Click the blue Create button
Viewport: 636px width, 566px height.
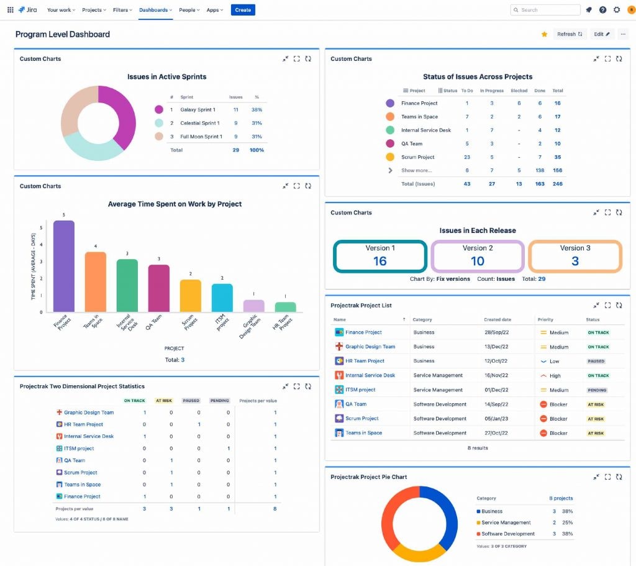(x=243, y=10)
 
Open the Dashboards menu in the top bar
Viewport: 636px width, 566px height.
(x=155, y=10)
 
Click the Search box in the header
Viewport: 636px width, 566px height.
(x=545, y=10)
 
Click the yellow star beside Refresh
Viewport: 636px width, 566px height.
(x=544, y=34)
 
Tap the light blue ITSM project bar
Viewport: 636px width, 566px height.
(x=222, y=298)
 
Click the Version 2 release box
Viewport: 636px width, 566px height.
(x=478, y=256)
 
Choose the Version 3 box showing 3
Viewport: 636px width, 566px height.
(x=575, y=256)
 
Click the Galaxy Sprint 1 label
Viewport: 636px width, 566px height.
(x=198, y=110)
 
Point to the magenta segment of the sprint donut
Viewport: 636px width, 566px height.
(x=121, y=115)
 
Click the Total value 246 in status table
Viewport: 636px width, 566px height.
(x=557, y=184)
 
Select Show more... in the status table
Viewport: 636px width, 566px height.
(x=416, y=170)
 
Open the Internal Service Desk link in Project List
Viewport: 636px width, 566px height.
(x=370, y=375)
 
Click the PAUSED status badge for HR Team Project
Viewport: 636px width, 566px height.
(x=596, y=361)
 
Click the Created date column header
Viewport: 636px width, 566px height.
(x=497, y=319)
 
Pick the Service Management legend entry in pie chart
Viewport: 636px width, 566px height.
(x=506, y=523)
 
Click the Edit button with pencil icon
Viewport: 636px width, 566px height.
(x=601, y=34)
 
